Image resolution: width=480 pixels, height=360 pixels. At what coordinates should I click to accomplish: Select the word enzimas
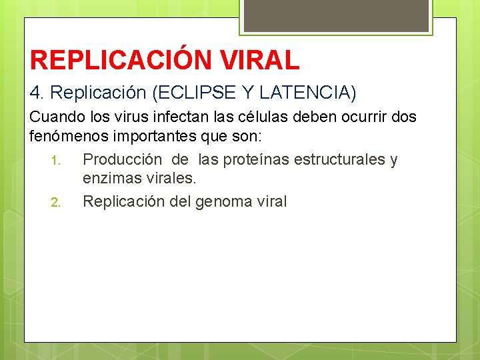pyautogui.click(x=111, y=179)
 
